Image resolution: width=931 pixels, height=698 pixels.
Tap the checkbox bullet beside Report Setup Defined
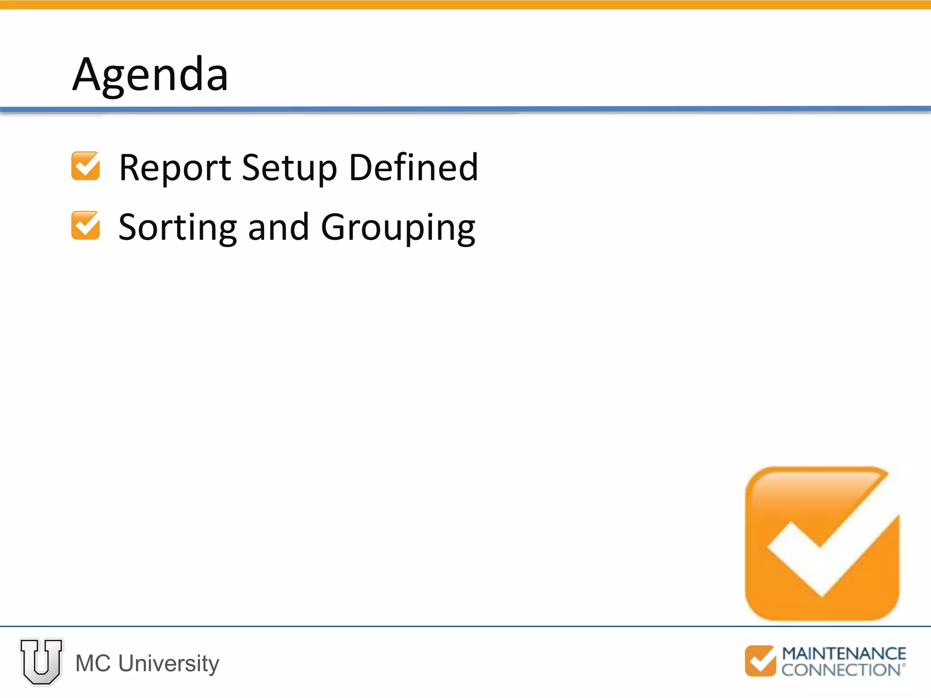(x=85, y=166)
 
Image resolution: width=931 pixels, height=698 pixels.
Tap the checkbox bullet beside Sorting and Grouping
(x=85, y=225)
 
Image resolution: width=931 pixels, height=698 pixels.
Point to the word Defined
(x=413, y=167)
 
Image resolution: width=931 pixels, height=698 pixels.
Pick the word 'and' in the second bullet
(x=279, y=227)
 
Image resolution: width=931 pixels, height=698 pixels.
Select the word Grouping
(x=398, y=228)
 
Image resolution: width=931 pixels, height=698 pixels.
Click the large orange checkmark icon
(x=822, y=543)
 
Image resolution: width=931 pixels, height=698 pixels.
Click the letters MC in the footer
(x=93, y=663)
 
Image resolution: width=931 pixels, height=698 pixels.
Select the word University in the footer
(x=169, y=664)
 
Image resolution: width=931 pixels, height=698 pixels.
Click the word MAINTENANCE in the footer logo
(x=844, y=654)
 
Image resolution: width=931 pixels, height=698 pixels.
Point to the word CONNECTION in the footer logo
(x=841, y=670)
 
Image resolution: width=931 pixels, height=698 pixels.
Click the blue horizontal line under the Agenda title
(x=465, y=109)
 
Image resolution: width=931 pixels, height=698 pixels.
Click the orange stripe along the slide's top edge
(x=465, y=5)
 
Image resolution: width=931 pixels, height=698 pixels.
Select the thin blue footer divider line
(x=465, y=626)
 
